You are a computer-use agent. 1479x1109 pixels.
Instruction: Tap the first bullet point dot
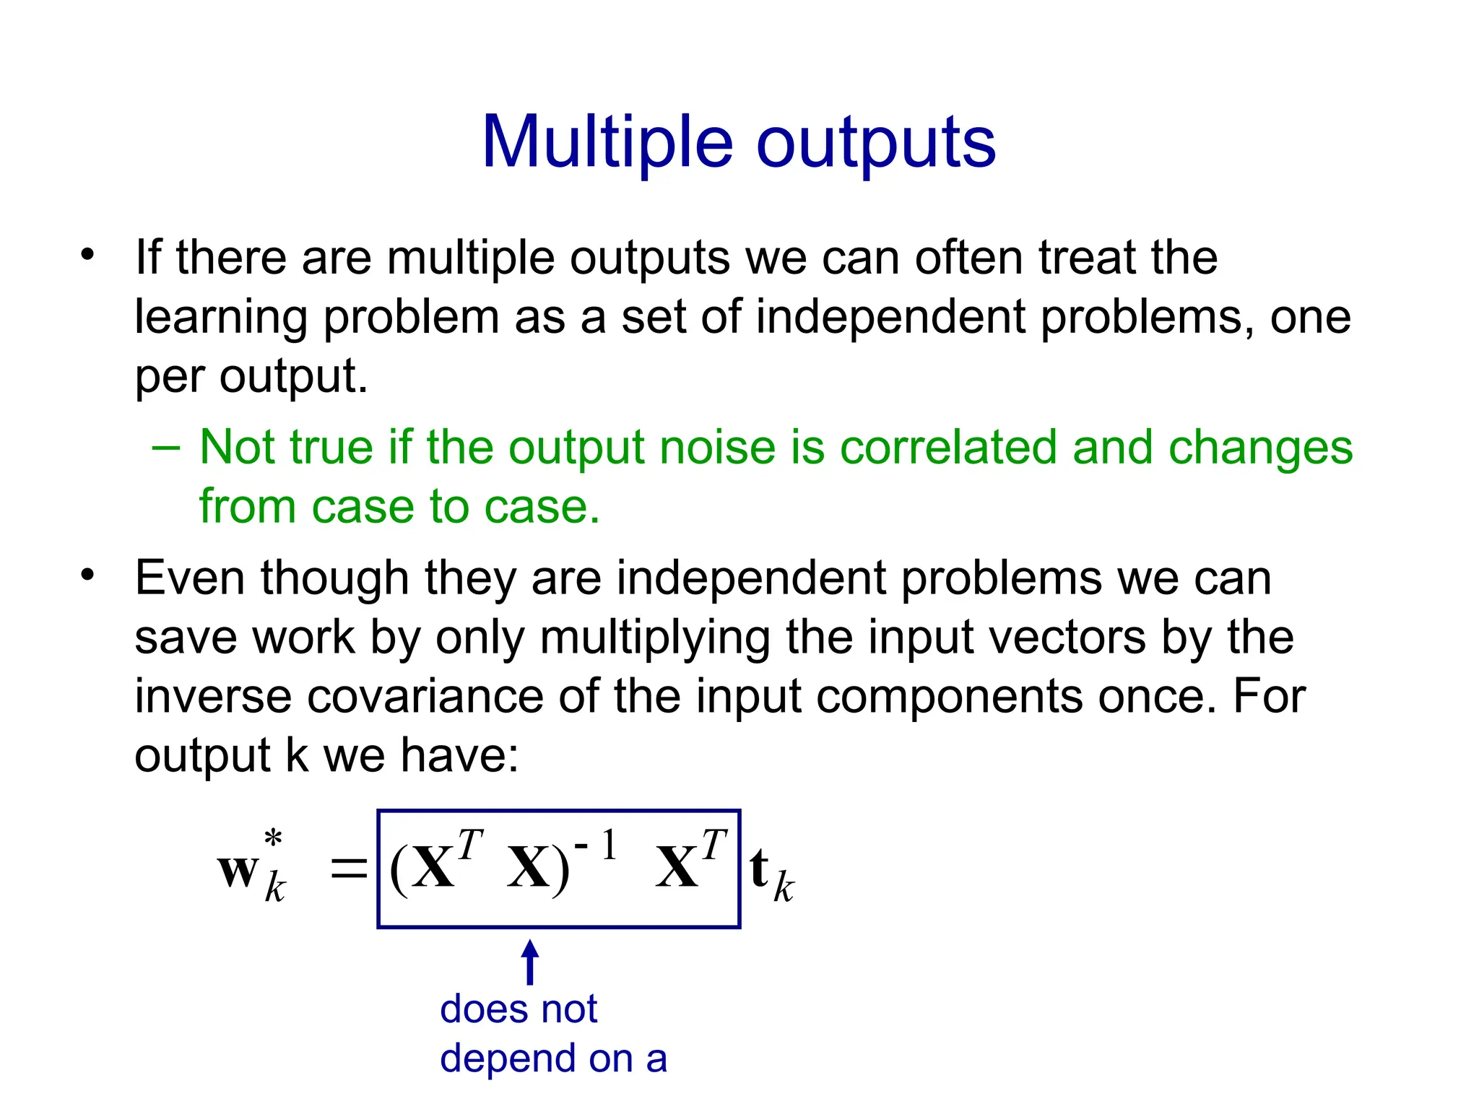pyautogui.click(x=88, y=254)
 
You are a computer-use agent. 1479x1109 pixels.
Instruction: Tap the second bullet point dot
pyautogui.click(x=88, y=575)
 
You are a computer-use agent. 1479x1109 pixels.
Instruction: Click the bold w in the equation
pyautogui.click(x=238, y=869)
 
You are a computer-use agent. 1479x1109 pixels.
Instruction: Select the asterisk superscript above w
pyautogui.click(x=273, y=839)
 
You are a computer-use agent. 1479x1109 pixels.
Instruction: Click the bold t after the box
pyautogui.click(x=758, y=869)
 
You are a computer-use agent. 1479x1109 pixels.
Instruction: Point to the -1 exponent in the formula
pyautogui.click(x=597, y=845)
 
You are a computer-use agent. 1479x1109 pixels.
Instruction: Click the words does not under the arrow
pyautogui.click(x=519, y=1009)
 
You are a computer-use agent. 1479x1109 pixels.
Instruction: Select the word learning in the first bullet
pyautogui.click(x=222, y=318)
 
